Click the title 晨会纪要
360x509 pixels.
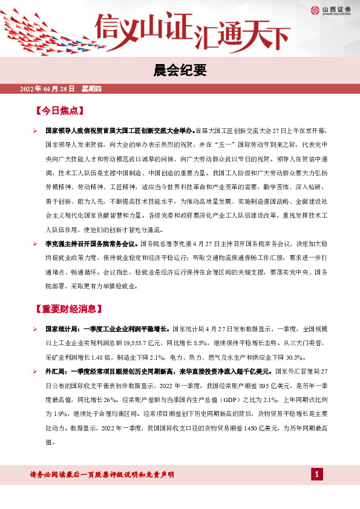click(x=180, y=69)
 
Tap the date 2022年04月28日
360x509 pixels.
click(x=47, y=89)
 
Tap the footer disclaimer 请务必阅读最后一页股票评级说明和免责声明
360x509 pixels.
click(x=102, y=475)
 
